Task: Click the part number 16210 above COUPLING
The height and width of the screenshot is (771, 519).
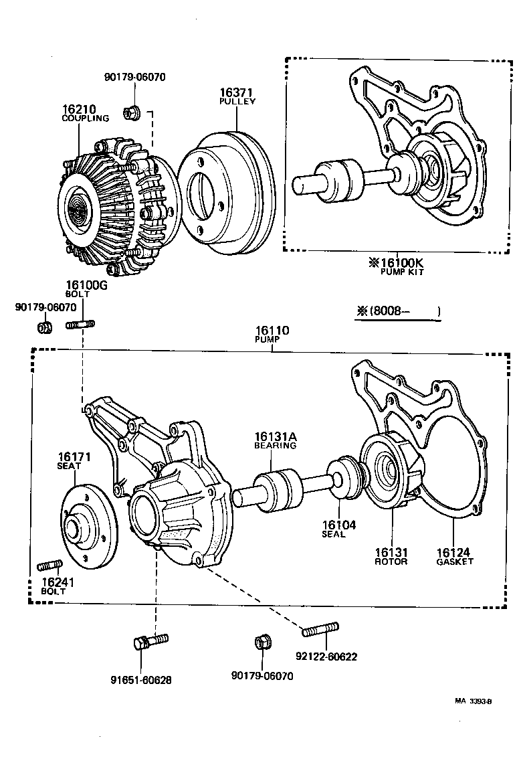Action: [80, 108]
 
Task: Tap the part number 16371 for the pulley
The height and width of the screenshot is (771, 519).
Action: [237, 93]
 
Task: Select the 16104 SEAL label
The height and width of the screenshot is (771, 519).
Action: [338, 529]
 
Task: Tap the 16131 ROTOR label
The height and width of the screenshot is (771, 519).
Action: [391, 556]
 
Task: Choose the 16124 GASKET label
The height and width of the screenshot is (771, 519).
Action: [454, 556]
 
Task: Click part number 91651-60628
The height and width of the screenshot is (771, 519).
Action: [141, 680]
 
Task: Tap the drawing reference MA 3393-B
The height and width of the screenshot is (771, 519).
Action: [473, 701]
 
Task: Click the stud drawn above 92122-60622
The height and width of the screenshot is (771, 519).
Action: [320, 630]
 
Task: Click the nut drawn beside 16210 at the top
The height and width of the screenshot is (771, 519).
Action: [132, 112]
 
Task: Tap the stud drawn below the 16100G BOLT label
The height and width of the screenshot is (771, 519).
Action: [81, 325]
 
